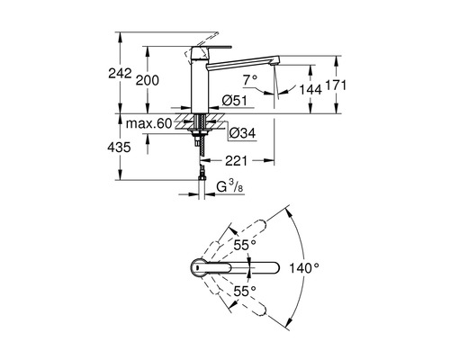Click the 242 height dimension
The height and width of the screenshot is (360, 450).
pyautogui.click(x=120, y=73)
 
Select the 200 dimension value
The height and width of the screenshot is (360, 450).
pyautogui.click(x=148, y=80)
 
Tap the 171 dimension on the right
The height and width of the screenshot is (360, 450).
pyautogui.click(x=336, y=85)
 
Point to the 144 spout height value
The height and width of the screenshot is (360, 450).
pyautogui.click(x=310, y=89)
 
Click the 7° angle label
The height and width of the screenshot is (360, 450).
pyautogui.click(x=250, y=80)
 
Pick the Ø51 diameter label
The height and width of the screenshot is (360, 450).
pyautogui.click(x=235, y=101)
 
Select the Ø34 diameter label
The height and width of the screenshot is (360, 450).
pyautogui.click(x=242, y=133)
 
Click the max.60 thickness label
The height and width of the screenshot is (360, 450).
pyautogui.click(x=148, y=123)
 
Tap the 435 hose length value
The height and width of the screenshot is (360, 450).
pyautogui.click(x=119, y=148)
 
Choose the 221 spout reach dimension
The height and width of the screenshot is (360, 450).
pyautogui.click(x=236, y=161)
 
